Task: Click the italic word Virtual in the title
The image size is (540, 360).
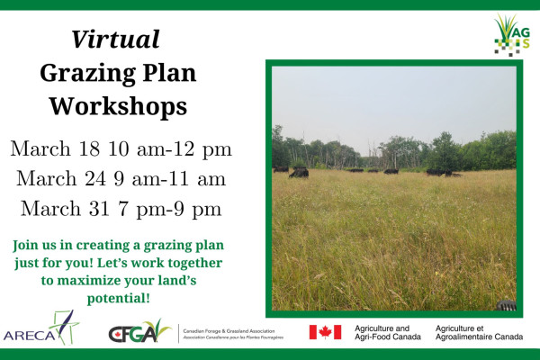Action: point(115,40)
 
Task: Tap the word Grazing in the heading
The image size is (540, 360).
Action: point(85,73)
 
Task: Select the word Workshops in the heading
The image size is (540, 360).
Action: point(117,105)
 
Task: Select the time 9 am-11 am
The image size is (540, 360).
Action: point(168,178)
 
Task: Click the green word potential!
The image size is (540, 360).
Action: point(118,297)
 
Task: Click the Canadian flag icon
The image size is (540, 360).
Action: point(325,332)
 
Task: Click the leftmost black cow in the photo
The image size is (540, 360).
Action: point(281,168)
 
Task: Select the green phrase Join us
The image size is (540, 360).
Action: point(34,245)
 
